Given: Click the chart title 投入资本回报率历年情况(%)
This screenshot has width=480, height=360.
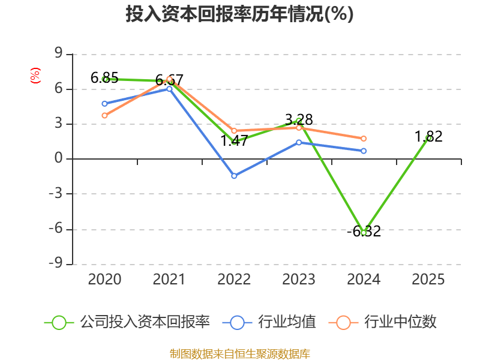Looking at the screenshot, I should (x=239, y=14).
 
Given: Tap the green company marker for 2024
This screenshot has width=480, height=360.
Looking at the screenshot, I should (x=364, y=232).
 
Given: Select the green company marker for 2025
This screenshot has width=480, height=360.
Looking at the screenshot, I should (x=428, y=138).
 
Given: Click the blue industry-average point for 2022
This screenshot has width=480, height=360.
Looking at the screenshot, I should (x=234, y=176).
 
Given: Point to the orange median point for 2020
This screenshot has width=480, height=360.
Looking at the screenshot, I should (x=104, y=115).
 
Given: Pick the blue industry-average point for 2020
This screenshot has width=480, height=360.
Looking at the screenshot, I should (x=104, y=103).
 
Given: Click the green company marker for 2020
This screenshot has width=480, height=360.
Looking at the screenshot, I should (x=104, y=79).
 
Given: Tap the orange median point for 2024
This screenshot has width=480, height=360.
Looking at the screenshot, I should (x=364, y=139).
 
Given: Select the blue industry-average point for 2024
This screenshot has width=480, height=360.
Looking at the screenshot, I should (x=364, y=151).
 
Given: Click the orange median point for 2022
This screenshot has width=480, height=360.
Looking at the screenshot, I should (x=234, y=130).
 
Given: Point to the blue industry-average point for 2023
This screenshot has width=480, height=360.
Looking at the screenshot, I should (x=299, y=142).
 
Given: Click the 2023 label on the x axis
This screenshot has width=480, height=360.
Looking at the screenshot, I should (x=299, y=280).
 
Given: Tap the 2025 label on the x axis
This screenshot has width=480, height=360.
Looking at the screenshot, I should (x=428, y=280).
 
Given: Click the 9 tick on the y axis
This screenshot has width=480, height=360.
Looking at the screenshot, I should (x=58, y=54).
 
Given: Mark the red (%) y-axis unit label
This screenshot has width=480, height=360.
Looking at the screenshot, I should (x=35, y=76).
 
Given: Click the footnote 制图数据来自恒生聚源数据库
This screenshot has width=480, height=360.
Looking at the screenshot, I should (x=239, y=353).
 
